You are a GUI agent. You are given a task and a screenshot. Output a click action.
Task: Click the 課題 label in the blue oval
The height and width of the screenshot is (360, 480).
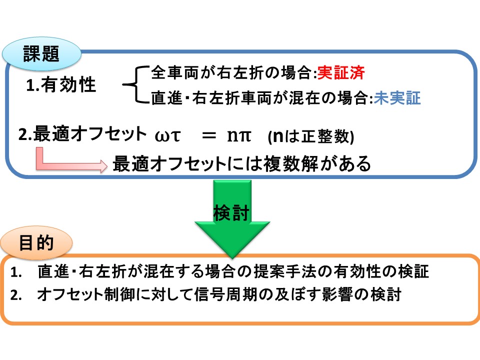41,54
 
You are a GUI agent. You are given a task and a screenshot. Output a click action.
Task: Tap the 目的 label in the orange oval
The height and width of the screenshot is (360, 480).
36,243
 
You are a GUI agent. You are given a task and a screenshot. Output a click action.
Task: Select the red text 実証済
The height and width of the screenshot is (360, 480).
340,73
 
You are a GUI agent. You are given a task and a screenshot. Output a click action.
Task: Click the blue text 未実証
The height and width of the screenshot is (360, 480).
397,98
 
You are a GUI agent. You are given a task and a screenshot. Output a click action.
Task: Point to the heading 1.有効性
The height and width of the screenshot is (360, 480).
61,84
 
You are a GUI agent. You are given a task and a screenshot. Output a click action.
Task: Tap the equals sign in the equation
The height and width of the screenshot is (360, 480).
209,135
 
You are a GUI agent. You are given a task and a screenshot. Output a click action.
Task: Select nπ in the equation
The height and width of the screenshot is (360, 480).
239,135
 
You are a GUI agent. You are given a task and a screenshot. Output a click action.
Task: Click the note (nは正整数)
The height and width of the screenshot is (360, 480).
310,136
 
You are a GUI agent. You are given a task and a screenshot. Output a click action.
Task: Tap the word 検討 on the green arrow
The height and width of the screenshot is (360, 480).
231,212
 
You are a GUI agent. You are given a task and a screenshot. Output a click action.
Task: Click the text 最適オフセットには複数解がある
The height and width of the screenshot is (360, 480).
242,163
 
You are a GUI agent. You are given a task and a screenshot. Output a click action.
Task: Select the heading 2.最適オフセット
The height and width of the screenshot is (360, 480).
82,134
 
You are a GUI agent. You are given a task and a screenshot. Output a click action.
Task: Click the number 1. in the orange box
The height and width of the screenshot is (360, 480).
16,272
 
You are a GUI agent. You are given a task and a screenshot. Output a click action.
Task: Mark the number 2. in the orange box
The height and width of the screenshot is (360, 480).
16,295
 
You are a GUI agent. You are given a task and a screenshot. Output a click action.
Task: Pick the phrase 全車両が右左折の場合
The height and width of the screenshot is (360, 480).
231,73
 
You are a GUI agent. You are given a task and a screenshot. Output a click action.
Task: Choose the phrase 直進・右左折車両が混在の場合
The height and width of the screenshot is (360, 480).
260,98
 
